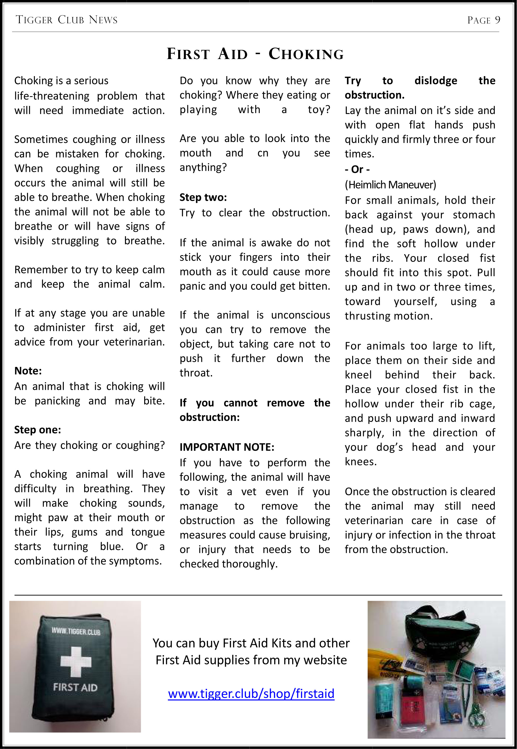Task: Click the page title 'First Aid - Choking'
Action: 255,54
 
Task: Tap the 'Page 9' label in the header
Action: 483,20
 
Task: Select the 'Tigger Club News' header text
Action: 67,20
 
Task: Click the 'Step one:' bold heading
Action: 37,430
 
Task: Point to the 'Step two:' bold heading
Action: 203,197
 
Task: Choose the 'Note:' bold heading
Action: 28,371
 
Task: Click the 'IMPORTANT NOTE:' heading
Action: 227,447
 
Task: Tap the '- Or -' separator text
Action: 357,169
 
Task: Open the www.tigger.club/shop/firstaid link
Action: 251,694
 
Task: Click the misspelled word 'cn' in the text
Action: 263,153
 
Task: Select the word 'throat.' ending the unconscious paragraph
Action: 196,373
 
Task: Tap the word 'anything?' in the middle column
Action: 203,167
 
